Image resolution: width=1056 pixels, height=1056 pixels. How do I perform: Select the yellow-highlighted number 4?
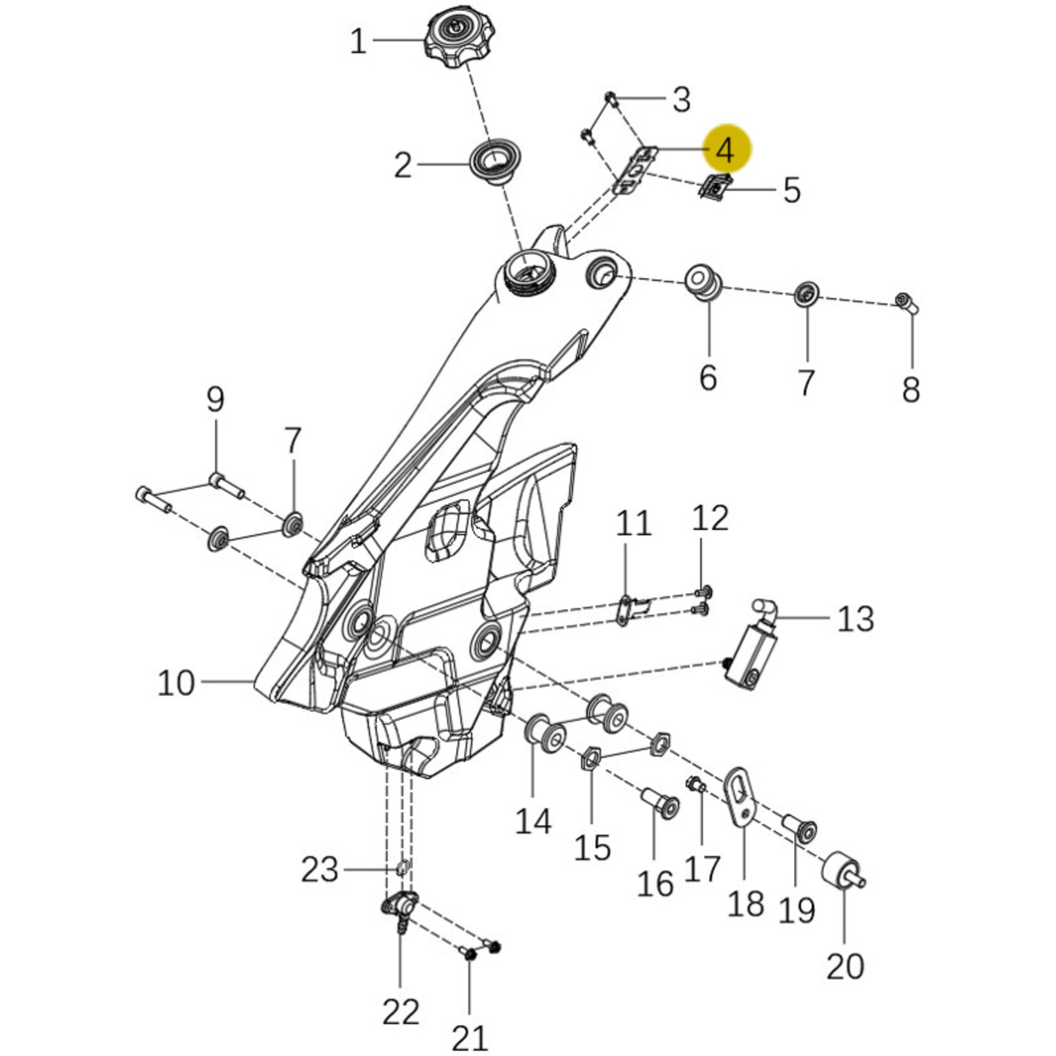pyautogui.click(x=726, y=150)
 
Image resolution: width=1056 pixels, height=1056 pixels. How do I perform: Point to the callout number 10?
pyautogui.click(x=176, y=683)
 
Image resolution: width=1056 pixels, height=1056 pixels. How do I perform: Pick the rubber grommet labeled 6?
pyautogui.click(x=705, y=282)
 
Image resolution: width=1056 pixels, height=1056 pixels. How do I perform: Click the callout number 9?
pyautogui.click(x=215, y=401)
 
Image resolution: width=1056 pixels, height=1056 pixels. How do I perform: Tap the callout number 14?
pyautogui.click(x=533, y=821)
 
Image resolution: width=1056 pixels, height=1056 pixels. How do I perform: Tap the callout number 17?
pyautogui.click(x=703, y=869)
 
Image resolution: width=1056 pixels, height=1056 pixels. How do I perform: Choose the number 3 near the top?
pyautogui.click(x=682, y=100)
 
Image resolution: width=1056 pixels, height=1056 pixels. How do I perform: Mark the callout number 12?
pyautogui.click(x=710, y=518)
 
